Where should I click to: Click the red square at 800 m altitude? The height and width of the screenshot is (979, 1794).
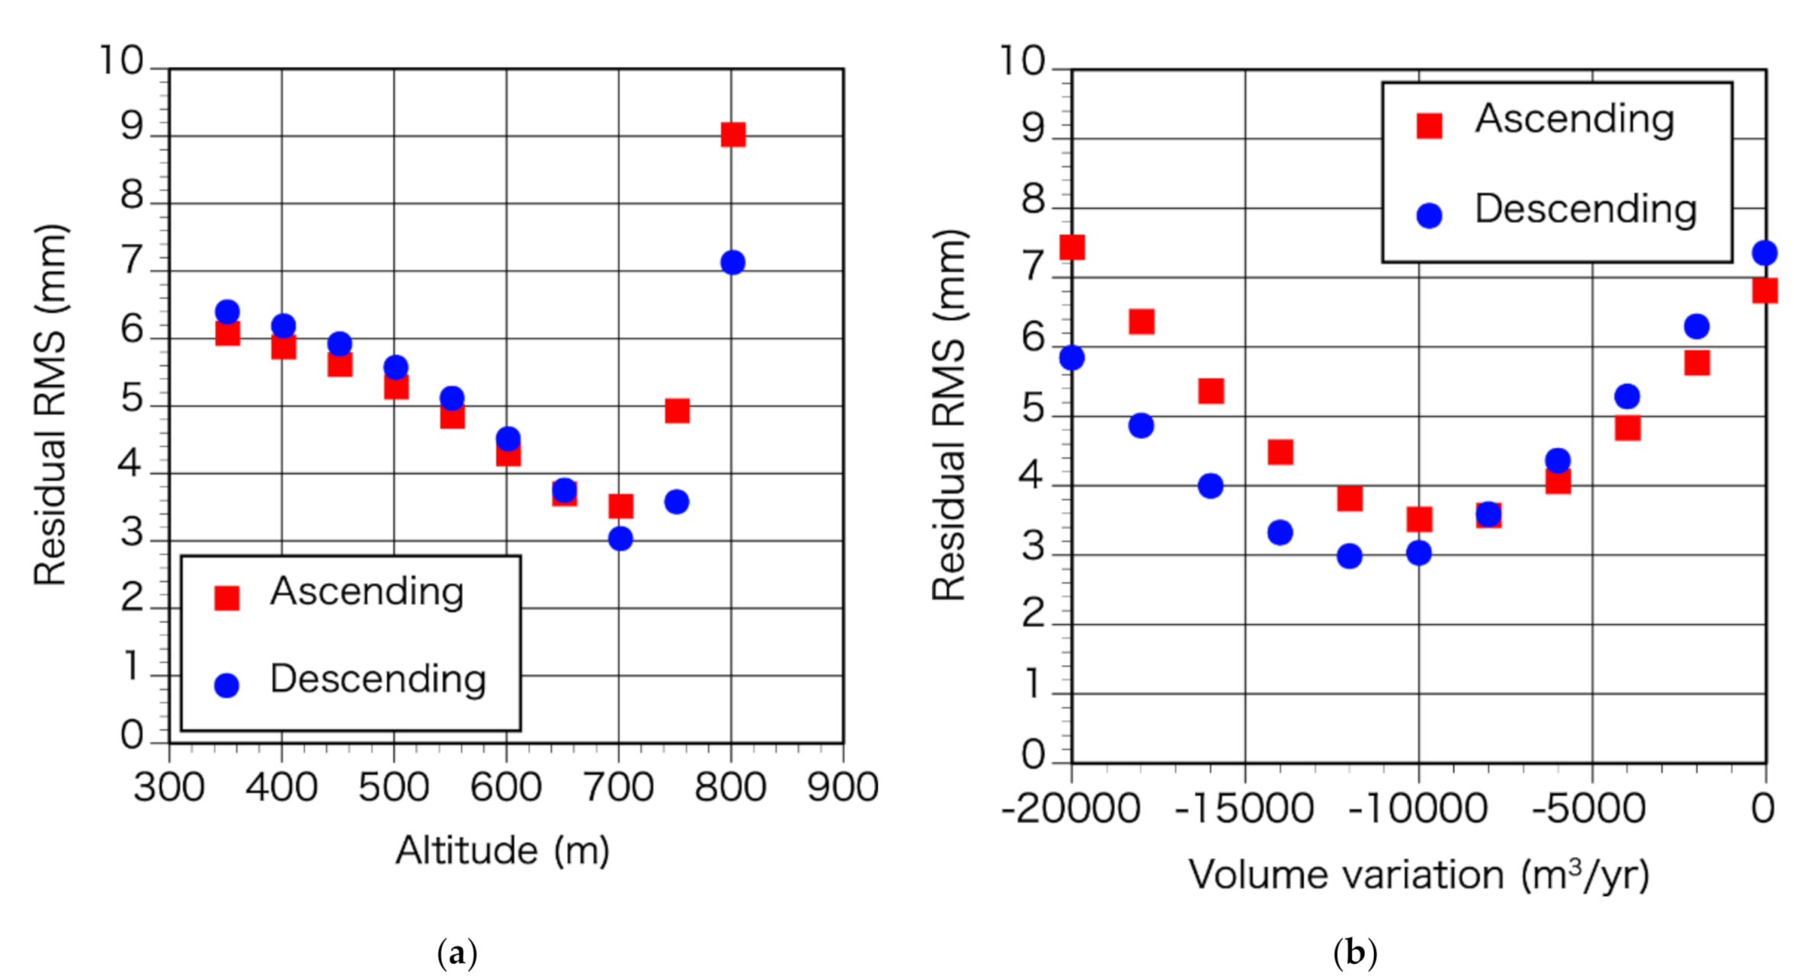pos(732,135)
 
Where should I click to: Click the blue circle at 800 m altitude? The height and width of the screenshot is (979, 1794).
pos(732,262)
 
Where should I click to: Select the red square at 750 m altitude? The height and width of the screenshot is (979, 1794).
pos(677,411)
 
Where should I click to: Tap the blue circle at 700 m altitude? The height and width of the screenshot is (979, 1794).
pos(620,539)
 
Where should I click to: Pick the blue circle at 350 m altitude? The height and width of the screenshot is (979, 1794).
pos(227,312)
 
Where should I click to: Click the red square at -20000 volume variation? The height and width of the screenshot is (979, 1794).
pos(1072,247)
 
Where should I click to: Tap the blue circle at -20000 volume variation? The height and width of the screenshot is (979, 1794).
pos(1072,357)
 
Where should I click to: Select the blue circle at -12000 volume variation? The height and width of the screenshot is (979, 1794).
pos(1349,556)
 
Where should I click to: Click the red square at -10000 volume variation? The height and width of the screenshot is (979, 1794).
pos(1419,520)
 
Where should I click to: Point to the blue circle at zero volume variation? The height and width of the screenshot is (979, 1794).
pos(1764,252)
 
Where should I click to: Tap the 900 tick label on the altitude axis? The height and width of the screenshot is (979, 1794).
pos(842,788)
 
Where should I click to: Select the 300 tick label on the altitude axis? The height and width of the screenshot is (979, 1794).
pos(169,788)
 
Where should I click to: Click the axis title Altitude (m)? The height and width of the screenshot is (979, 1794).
pos(502,851)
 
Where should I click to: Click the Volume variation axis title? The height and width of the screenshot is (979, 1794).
pos(1418,875)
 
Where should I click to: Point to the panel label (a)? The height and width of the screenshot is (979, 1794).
pos(457,953)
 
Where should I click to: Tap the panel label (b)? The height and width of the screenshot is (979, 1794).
pos(1355,953)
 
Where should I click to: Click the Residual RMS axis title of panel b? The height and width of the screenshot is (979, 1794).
pos(949,415)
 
